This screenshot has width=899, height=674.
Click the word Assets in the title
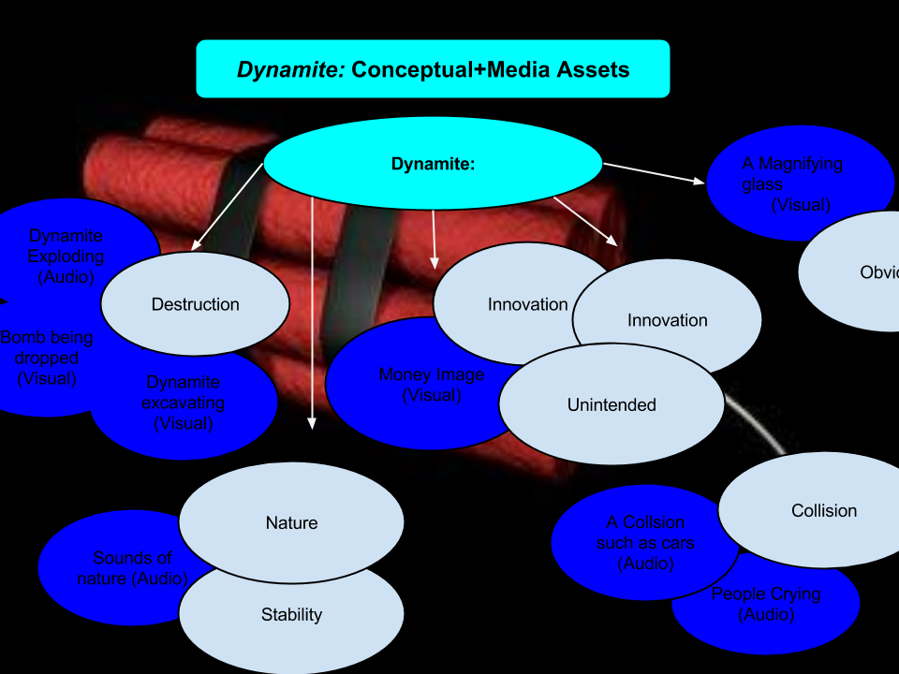pos(588,69)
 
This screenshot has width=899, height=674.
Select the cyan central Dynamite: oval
pos(433,164)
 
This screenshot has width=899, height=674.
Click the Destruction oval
pos(195,304)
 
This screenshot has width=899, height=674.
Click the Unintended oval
pos(612,404)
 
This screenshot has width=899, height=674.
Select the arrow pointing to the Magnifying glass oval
pos(656,172)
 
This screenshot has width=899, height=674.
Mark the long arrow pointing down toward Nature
pos(312,309)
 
